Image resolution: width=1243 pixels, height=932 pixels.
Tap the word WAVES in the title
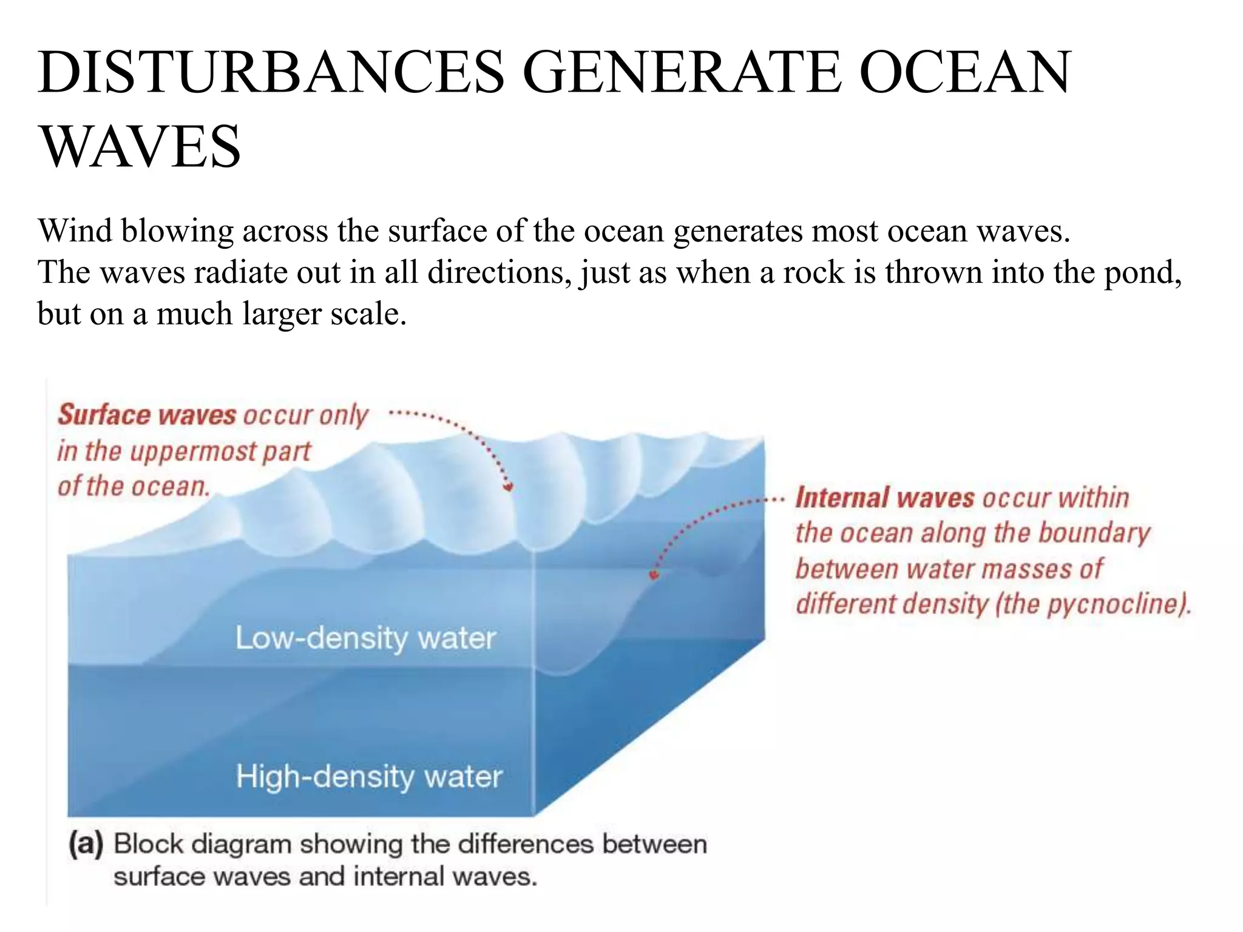(x=140, y=146)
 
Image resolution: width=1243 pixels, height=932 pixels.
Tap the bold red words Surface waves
(x=147, y=415)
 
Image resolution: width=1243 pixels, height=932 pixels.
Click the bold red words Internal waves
(x=885, y=498)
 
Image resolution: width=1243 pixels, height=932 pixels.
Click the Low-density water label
(x=365, y=638)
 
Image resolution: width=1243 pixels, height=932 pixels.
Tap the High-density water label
(x=369, y=777)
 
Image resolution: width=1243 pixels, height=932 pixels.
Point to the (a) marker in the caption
(x=86, y=844)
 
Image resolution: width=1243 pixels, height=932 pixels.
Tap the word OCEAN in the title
(x=965, y=72)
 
